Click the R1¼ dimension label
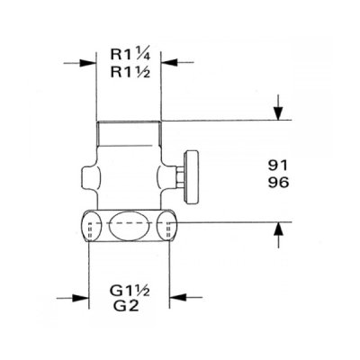[130, 55]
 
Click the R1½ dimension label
[130, 72]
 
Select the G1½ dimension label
[130, 291]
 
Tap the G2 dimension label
[126, 306]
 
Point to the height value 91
[278, 166]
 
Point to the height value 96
[278, 182]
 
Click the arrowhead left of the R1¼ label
[87, 63]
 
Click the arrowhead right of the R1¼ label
[169, 63]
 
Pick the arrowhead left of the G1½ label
[81, 298]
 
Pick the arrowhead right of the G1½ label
[177, 298]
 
